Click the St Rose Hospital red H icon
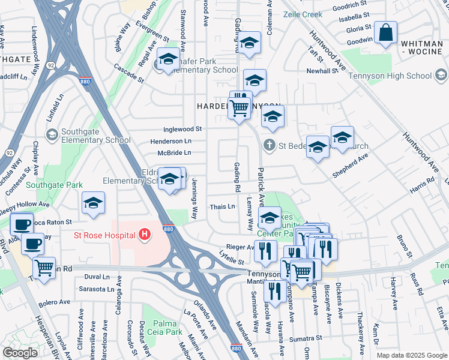(x=144, y=235)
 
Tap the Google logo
(x=20, y=352)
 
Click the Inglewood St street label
(x=182, y=129)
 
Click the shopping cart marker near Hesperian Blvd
(x=44, y=268)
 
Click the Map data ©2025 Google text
(x=412, y=355)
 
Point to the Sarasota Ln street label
(x=97, y=289)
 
